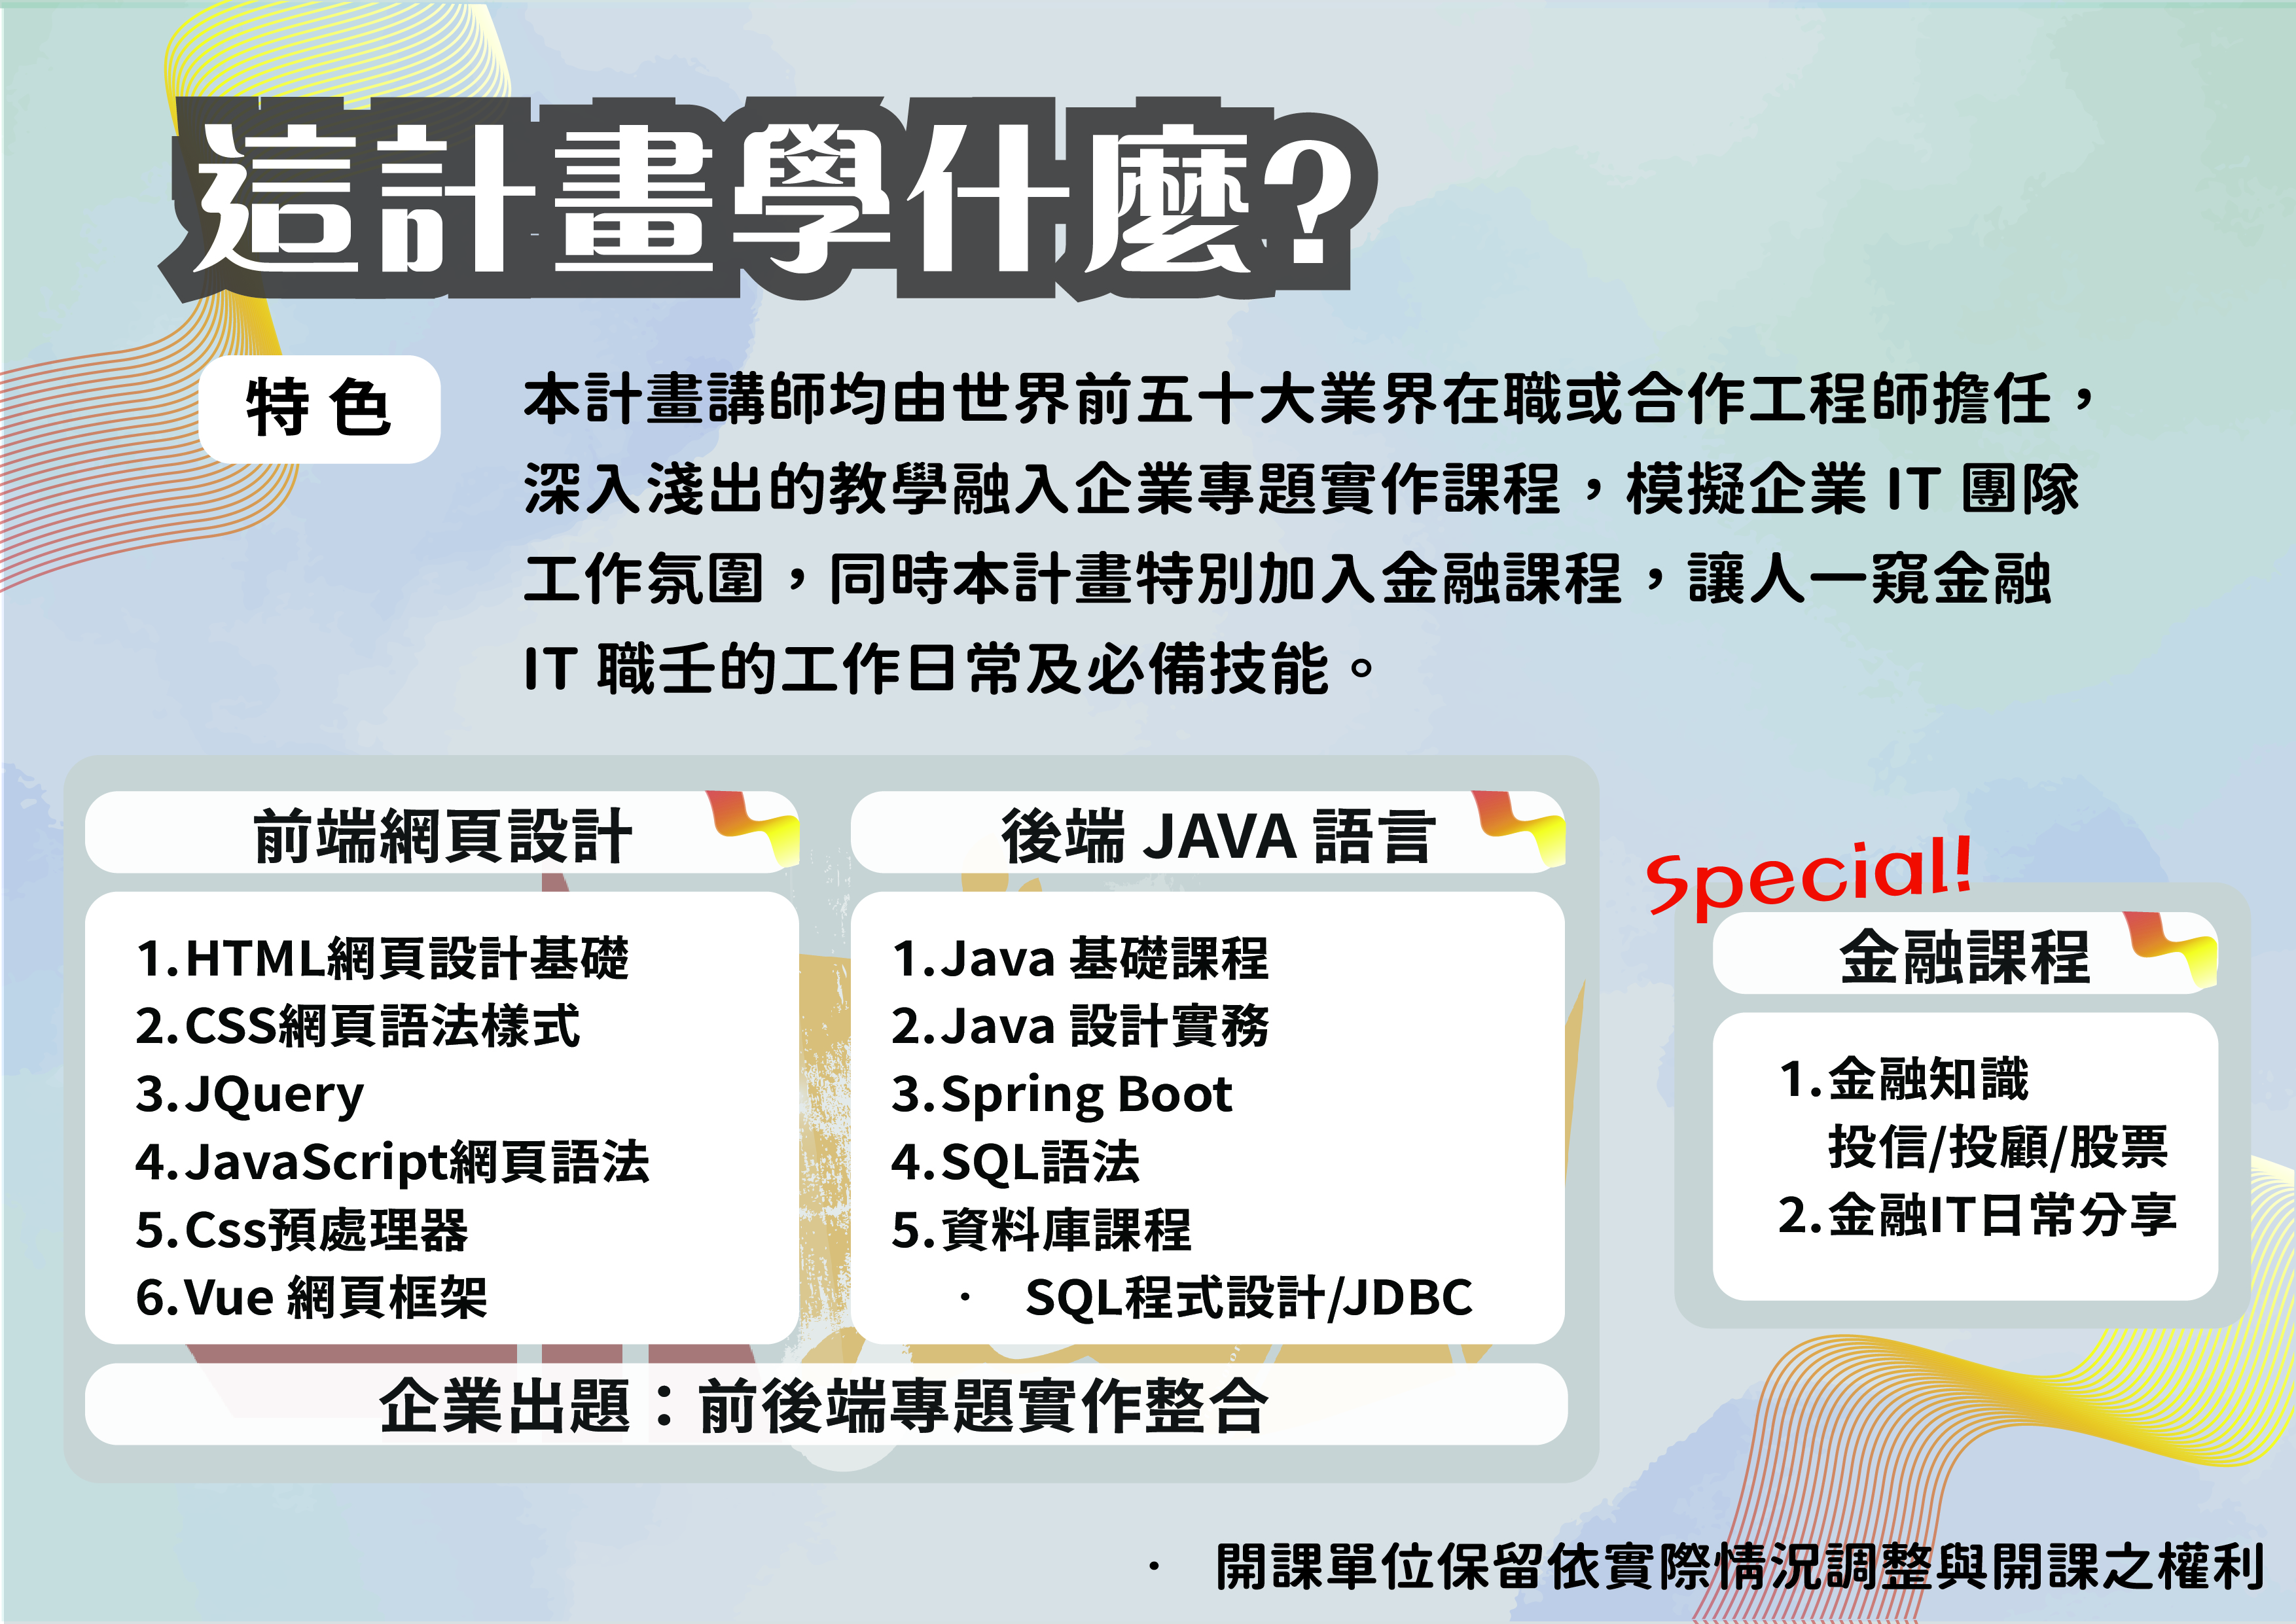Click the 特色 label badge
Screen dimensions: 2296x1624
coord(319,409)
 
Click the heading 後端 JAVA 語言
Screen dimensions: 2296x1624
coord(1218,836)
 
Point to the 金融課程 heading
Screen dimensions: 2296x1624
coord(1964,956)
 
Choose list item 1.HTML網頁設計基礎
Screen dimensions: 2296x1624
coord(383,958)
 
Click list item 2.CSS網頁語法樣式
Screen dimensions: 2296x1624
coord(357,1026)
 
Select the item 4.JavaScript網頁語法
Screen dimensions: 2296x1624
coord(392,1162)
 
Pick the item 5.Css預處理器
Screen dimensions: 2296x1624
coord(302,1230)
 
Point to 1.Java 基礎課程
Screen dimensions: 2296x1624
coord(1080,958)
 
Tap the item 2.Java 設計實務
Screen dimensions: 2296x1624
coord(1080,1026)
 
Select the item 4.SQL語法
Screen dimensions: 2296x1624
coord(1016,1162)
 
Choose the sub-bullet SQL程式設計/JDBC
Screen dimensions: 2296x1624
coord(1249,1298)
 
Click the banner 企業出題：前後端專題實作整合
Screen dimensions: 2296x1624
coord(825,1405)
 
